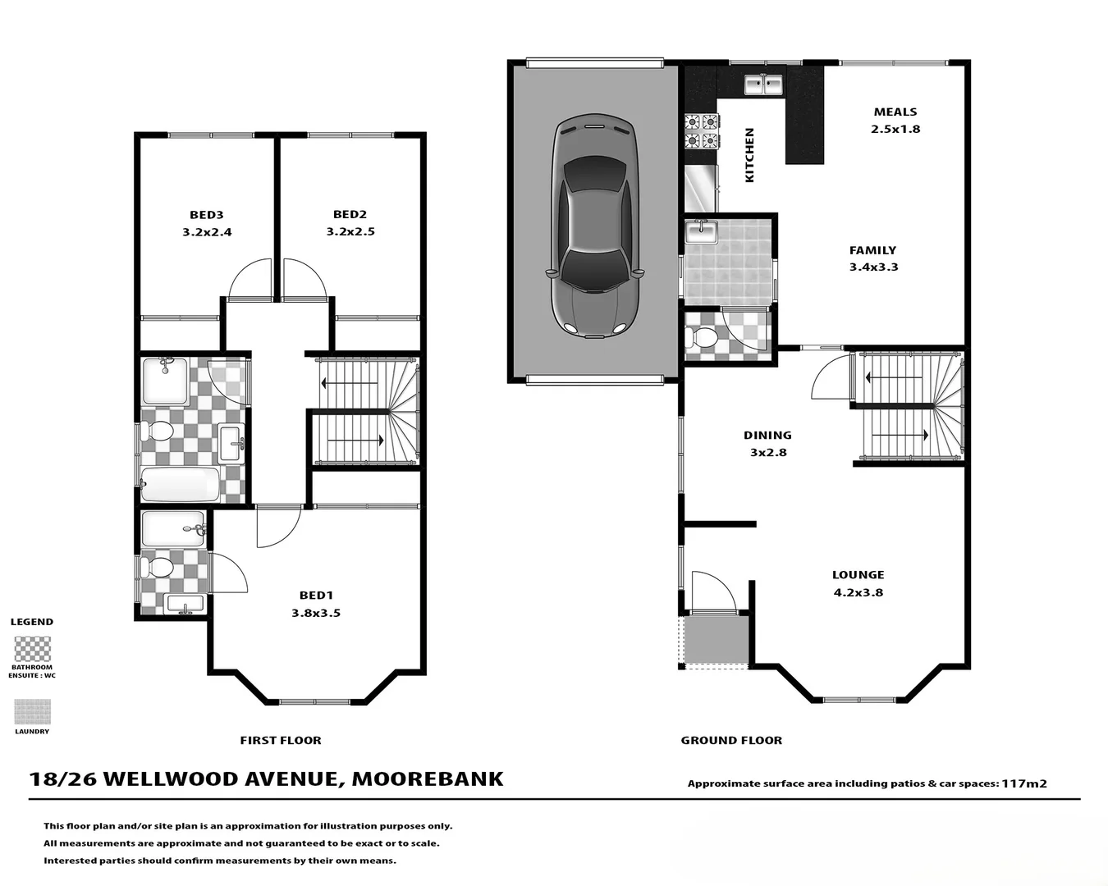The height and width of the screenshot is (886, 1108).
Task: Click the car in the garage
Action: click(x=593, y=226)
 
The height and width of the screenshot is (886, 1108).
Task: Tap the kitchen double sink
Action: click(x=763, y=84)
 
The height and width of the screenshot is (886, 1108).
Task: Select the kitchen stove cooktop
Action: click(x=702, y=131)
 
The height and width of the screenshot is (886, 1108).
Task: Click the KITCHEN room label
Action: click(x=749, y=155)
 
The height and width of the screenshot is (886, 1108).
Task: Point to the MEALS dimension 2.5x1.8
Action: click(x=895, y=130)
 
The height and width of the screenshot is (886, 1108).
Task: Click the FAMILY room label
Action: click(x=872, y=250)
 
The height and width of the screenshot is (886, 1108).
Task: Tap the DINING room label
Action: click(x=767, y=436)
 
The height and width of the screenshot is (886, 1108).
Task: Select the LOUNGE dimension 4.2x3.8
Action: click(x=858, y=593)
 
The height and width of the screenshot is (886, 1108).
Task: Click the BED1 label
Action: click(x=316, y=596)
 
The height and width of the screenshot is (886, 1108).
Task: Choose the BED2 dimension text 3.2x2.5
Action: click(x=350, y=232)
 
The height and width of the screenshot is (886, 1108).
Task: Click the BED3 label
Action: click(x=207, y=215)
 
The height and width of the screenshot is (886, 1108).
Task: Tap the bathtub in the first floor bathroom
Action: click(x=180, y=485)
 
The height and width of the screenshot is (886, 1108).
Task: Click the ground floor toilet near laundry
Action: click(x=703, y=337)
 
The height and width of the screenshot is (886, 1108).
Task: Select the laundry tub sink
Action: click(x=702, y=232)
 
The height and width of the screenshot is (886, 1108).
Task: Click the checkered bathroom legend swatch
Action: click(x=32, y=649)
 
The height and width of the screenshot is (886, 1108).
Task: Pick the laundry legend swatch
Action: click(x=32, y=711)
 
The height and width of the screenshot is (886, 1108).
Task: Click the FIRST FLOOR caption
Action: click(x=281, y=740)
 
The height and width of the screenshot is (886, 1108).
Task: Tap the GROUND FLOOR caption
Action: click(x=731, y=740)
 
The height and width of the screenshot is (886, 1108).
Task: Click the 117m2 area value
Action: click(x=1023, y=783)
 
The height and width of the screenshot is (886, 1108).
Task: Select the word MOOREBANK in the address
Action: click(x=428, y=779)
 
